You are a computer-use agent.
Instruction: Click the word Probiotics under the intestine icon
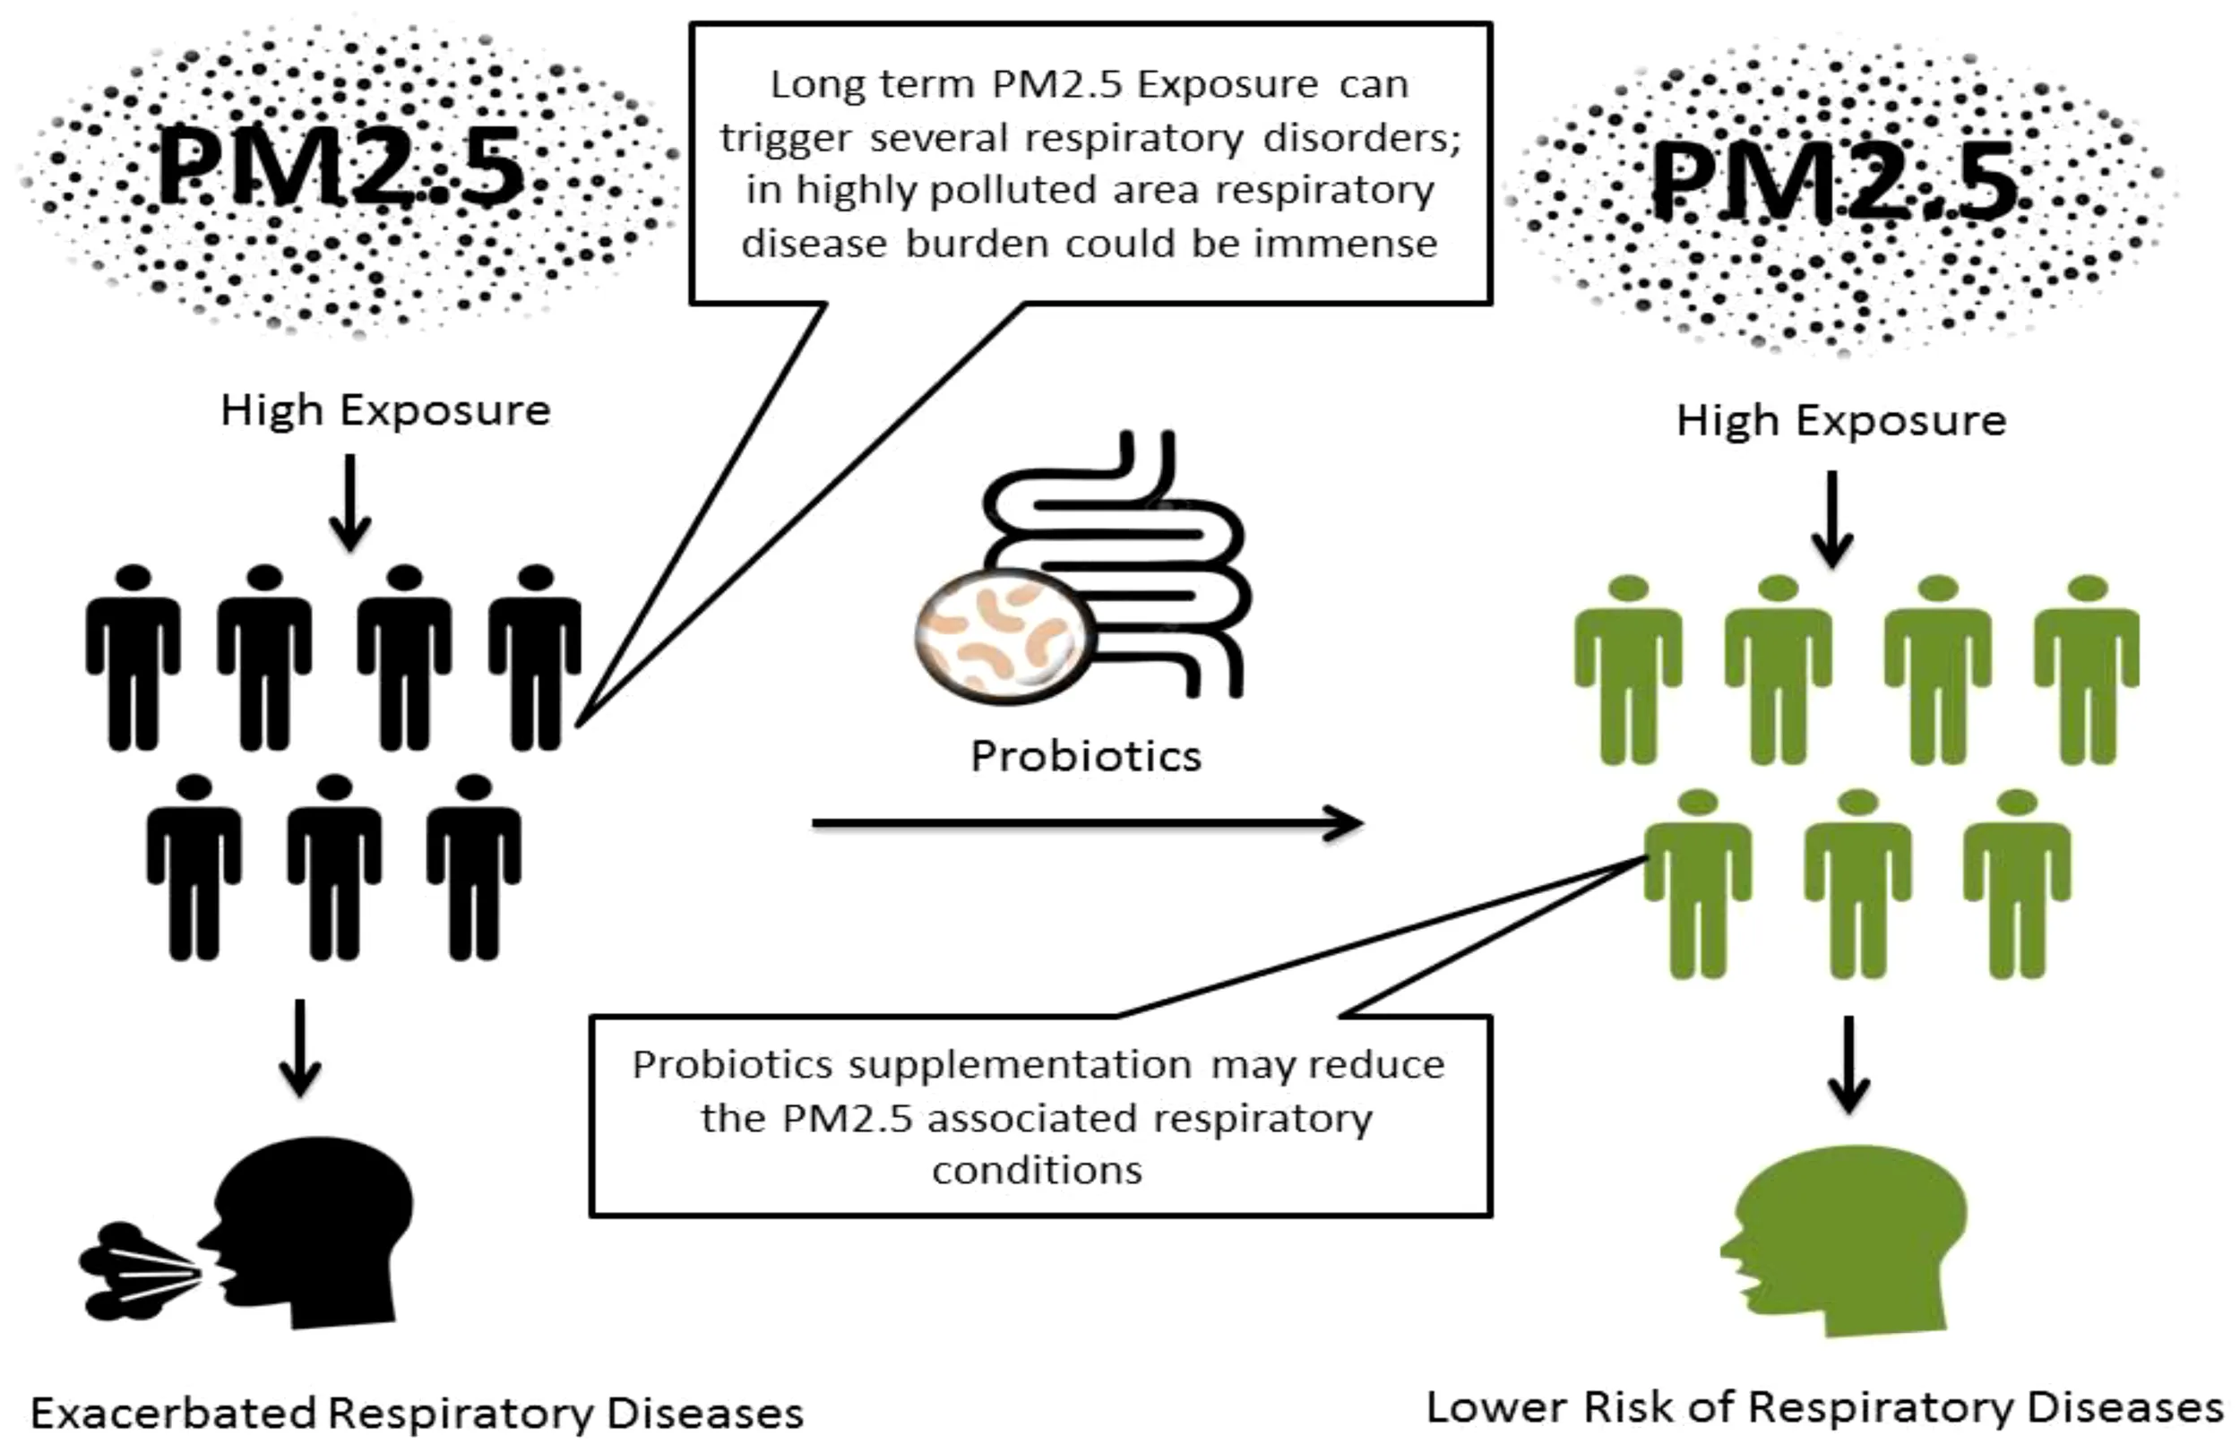click(x=1086, y=756)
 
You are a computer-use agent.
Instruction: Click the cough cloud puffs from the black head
click(x=132, y=1271)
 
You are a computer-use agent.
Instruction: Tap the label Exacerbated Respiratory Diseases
click(x=417, y=1413)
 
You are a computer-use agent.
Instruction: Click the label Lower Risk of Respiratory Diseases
click(x=1824, y=1409)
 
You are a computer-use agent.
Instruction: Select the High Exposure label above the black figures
click(x=385, y=410)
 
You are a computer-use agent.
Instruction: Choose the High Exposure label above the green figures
click(x=1841, y=420)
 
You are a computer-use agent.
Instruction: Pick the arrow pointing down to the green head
click(x=1849, y=1064)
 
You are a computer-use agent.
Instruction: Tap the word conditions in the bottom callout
click(x=1038, y=1170)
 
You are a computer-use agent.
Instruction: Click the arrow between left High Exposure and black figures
click(x=350, y=503)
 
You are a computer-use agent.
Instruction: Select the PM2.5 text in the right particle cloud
click(x=1835, y=181)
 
